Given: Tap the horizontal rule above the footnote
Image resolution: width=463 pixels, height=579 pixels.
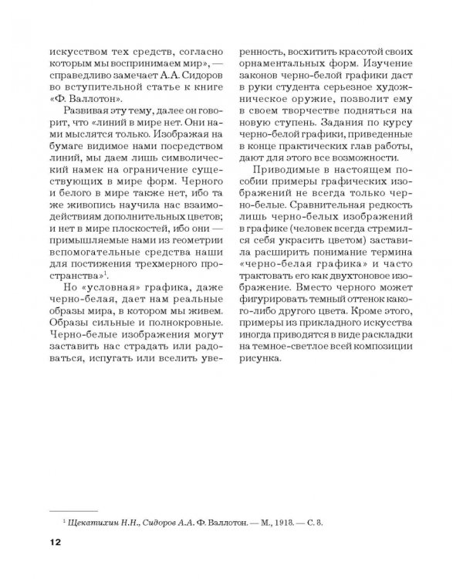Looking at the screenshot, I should point(73,510).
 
